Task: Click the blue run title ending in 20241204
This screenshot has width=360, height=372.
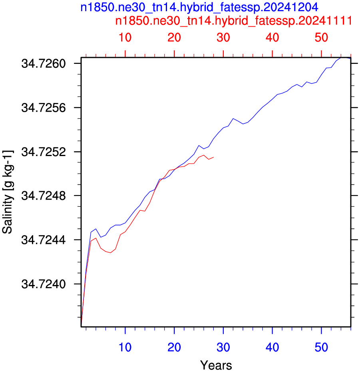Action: coord(199,7)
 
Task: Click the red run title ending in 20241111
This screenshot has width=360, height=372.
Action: coord(234,21)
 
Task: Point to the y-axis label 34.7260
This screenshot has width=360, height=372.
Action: coord(44,63)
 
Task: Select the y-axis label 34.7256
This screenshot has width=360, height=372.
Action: coord(44,108)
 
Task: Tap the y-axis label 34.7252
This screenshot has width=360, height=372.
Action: coord(44,152)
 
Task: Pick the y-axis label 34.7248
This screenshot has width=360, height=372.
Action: coord(44,196)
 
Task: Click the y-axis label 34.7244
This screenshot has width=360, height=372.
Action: coord(44,240)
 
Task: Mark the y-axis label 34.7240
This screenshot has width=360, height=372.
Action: coord(44,284)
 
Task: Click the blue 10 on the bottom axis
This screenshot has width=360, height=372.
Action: coord(125,347)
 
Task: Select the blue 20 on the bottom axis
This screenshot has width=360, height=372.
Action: coord(174,347)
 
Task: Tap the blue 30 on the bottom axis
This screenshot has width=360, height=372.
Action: coord(223,347)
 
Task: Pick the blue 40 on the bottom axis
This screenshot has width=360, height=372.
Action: coord(272,347)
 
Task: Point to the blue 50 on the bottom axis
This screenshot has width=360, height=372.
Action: coord(321,347)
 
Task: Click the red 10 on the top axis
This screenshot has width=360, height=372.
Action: coord(125,38)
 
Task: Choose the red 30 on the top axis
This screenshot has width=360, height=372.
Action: coord(223,38)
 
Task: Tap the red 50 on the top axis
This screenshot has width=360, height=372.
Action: coord(321,38)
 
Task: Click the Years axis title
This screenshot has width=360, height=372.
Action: coord(216,365)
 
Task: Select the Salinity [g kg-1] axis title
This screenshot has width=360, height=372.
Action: coord(8,192)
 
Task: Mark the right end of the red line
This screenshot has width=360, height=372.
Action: coord(213,157)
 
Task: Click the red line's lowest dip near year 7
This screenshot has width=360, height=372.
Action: coord(110,253)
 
